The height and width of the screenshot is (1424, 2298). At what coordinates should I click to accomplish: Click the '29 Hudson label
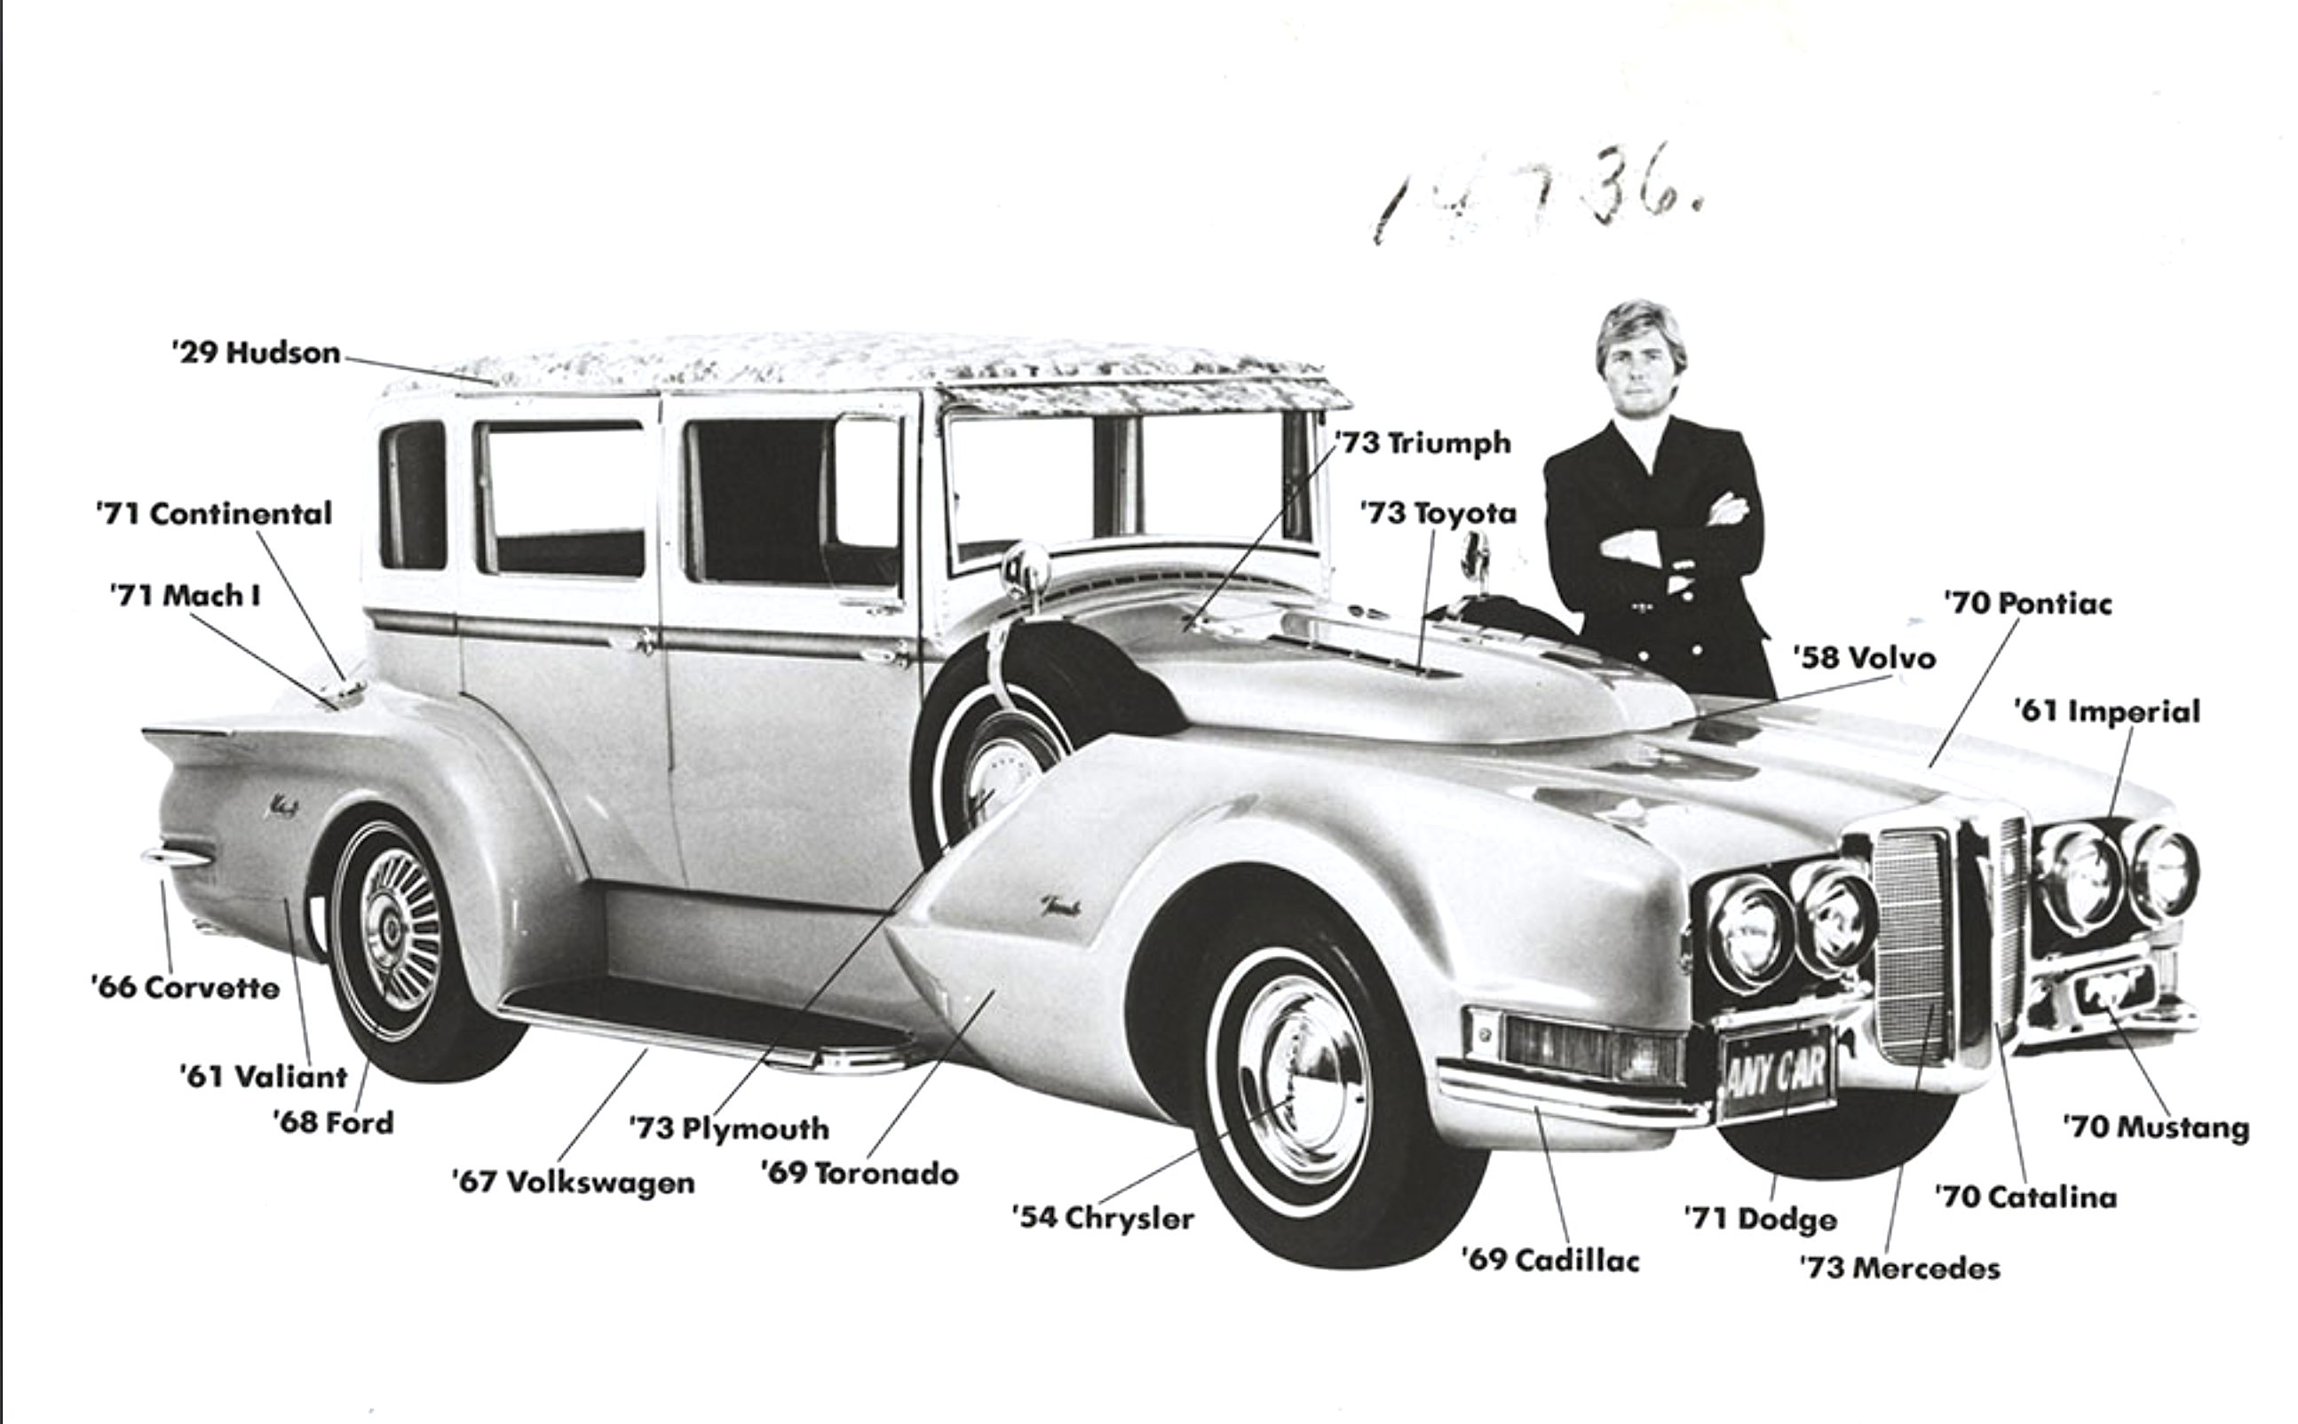click(x=256, y=352)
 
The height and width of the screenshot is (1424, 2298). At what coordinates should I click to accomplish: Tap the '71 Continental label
click(x=214, y=513)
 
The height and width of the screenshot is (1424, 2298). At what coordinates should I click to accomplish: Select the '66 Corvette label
click(x=186, y=987)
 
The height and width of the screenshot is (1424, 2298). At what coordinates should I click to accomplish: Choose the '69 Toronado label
click(x=859, y=1173)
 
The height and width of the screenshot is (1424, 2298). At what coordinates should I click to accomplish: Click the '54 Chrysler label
click(x=1103, y=1217)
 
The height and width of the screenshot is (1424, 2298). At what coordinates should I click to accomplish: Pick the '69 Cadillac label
click(x=1550, y=1259)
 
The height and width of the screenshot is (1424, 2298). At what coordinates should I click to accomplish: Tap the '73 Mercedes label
click(x=1899, y=1268)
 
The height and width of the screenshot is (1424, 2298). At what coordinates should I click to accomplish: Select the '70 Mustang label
click(x=2156, y=1127)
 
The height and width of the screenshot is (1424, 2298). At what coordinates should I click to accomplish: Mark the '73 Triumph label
click(x=1422, y=442)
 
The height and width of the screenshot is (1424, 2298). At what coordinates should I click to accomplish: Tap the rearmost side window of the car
click(x=413, y=495)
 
